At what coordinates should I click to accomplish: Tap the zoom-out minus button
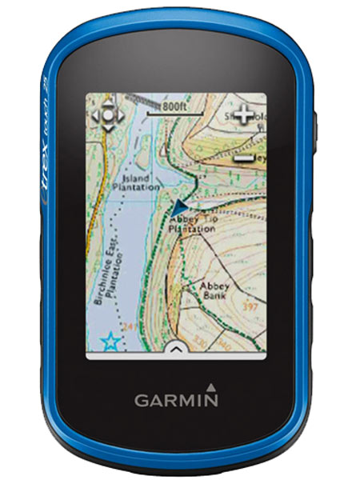244,158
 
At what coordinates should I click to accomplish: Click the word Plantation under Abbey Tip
192,229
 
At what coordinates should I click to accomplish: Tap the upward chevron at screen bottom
177,349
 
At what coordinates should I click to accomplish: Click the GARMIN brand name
176,400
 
